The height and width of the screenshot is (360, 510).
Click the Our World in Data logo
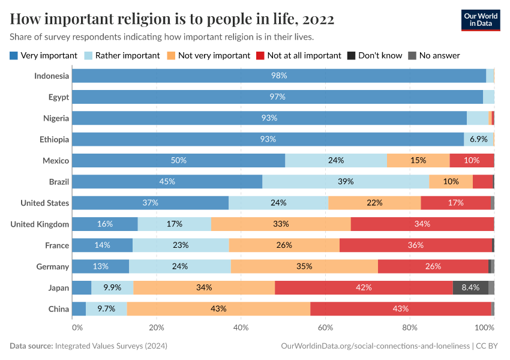point(480,19)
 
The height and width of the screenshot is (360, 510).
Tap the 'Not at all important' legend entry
point(298,55)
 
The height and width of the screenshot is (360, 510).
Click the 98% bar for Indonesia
point(279,76)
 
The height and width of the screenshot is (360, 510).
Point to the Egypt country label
point(59,97)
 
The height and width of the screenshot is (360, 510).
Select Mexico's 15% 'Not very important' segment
point(418,160)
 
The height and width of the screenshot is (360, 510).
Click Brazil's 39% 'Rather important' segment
point(346,181)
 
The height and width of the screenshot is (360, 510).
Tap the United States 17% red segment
point(455,203)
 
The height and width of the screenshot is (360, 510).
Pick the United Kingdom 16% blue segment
point(105,224)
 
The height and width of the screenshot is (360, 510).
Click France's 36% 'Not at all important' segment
point(415,245)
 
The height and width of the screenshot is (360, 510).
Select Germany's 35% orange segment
point(304,266)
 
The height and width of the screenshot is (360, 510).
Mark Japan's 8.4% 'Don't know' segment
point(470,287)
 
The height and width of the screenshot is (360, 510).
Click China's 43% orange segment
point(218,308)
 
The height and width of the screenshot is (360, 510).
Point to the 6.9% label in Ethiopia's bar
point(478,139)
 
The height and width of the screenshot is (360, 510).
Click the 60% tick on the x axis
point(325,328)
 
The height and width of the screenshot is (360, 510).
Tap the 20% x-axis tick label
point(156,328)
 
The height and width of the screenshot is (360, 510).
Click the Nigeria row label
point(56,118)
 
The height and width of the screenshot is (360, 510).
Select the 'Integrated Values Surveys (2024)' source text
point(111,346)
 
